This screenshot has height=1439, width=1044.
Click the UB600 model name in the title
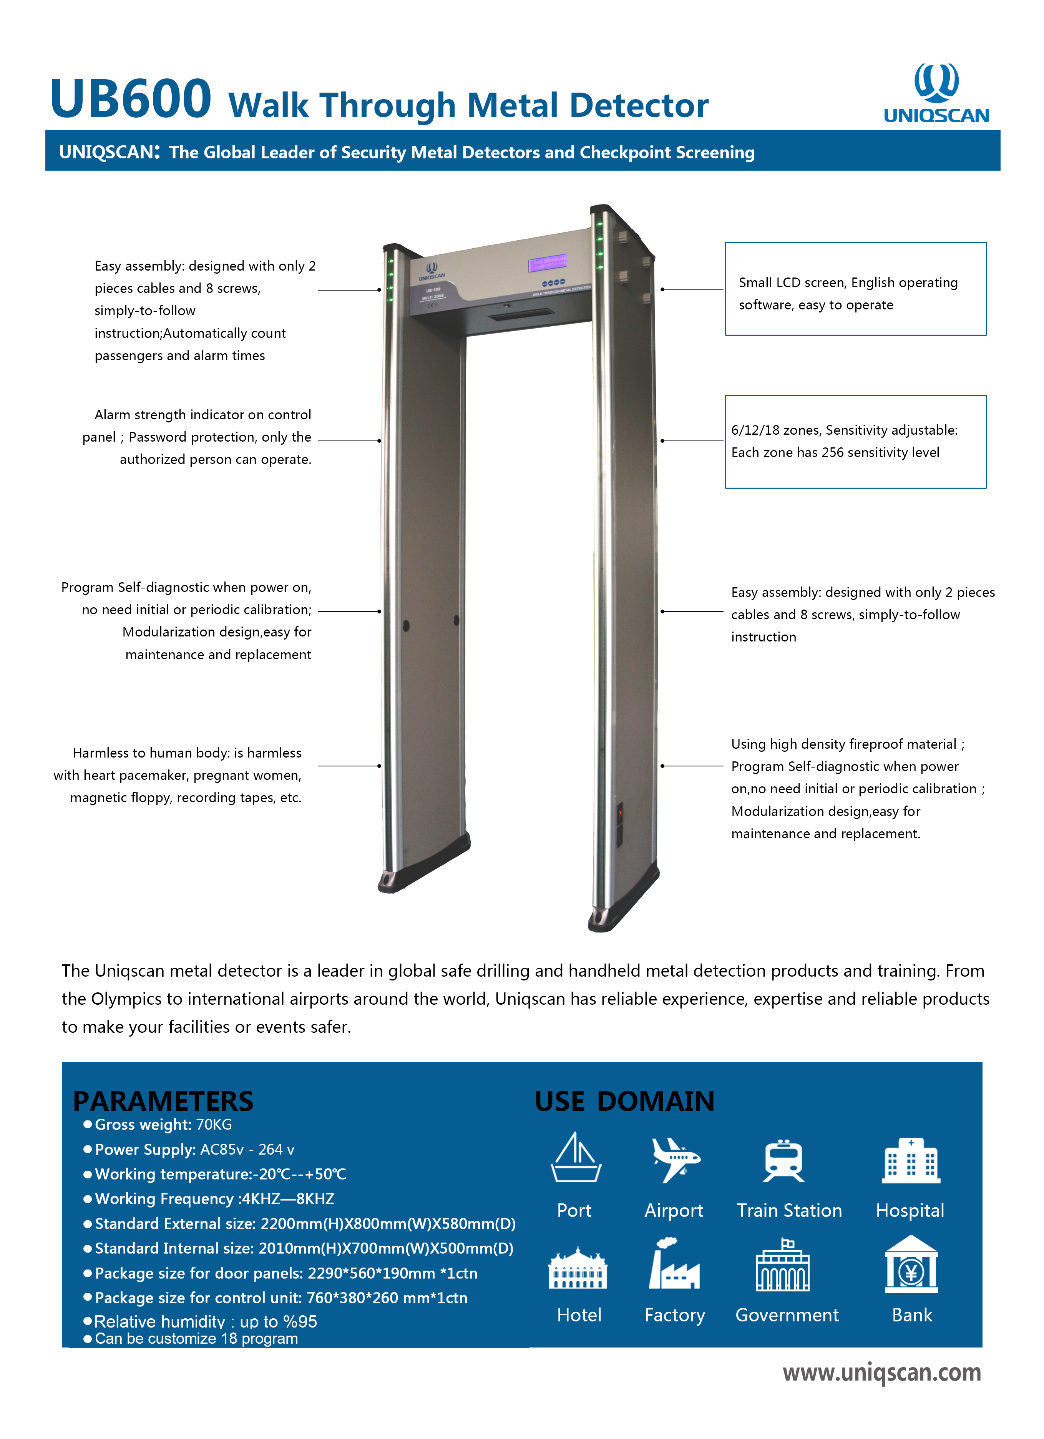click(x=130, y=98)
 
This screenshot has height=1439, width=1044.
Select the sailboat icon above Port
click(x=575, y=1158)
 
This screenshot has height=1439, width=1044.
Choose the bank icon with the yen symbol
click(x=911, y=1265)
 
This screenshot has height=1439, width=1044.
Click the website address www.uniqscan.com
click(x=881, y=1373)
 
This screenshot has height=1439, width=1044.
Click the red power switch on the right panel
click(x=620, y=811)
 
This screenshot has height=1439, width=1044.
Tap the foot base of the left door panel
click(x=424, y=866)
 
